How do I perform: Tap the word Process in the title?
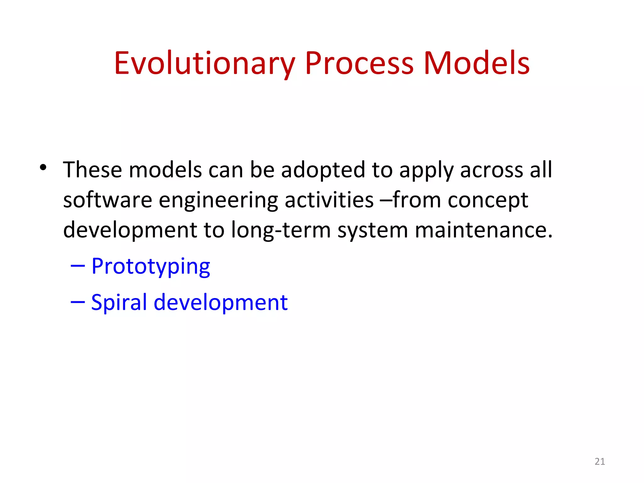click(x=359, y=64)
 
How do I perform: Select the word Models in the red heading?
click(x=476, y=64)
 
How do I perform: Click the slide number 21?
click(x=600, y=461)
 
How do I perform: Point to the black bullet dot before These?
click(x=43, y=167)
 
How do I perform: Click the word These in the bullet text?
click(x=92, y=170)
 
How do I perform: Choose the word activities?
click(x=329, y=200)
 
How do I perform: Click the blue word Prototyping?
click(x=151, y=267)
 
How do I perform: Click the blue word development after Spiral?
click(x=220, y=302)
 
